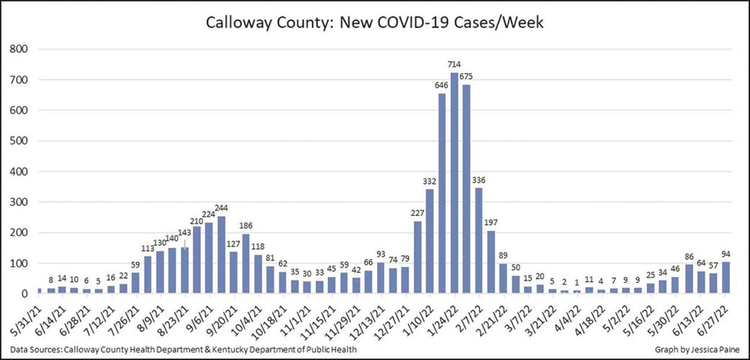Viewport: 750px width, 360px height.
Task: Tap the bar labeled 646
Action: click(x=442, y=194)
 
